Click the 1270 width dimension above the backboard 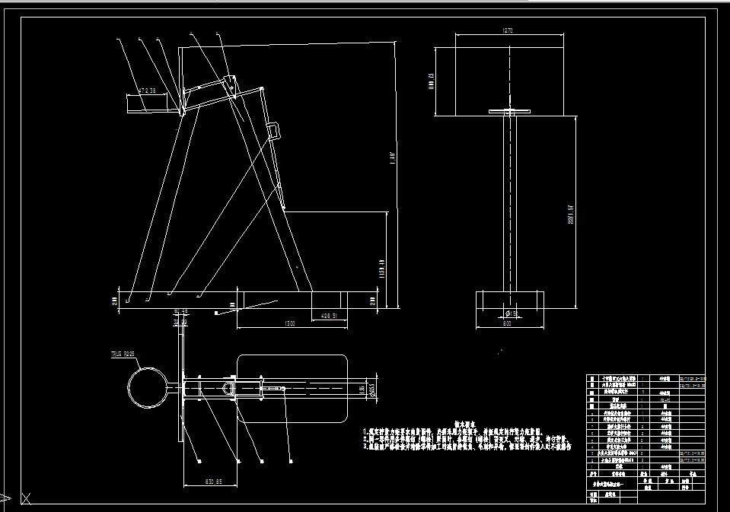[508, 30]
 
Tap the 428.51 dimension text [329, 315]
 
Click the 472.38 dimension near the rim [147, 91]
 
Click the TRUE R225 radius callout [123, 354]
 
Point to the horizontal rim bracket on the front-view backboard [508, 112]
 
